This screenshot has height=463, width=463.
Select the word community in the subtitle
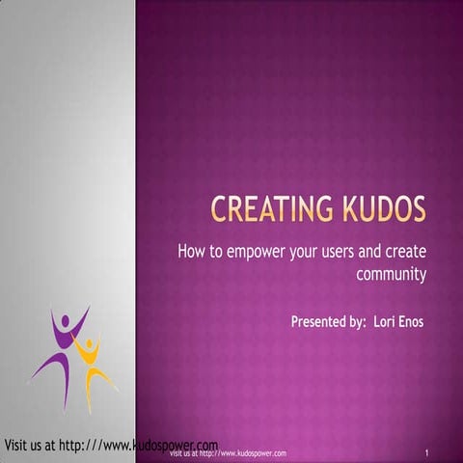pos(392,274)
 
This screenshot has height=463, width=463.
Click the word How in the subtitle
pos(191,253)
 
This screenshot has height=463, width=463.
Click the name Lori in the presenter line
pos(375,320)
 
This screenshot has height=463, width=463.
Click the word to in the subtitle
pos(215,253)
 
